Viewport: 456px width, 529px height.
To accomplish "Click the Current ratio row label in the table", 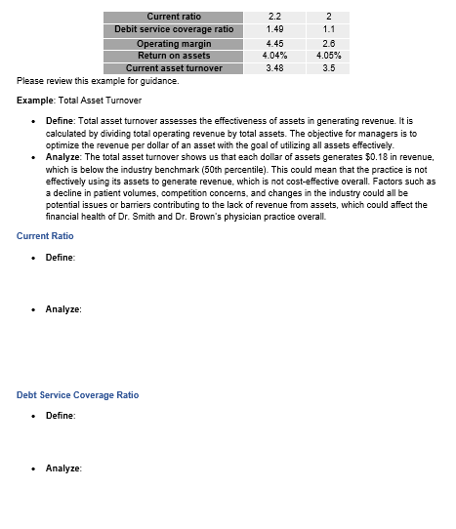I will pyautogui.click(x=174, y=17).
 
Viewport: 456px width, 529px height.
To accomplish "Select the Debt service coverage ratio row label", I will pyautogui.click(x=174, y=29).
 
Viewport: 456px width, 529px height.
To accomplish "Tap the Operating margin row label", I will pyautogui.click(x=174, y=44).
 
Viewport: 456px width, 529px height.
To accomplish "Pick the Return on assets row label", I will pyautogui.click(x=174, y=56).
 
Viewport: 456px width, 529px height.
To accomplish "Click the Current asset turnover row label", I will pyautogui.click(x=174, y=68).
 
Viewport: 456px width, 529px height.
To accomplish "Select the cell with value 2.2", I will pyautogui.click(x=274, y=17).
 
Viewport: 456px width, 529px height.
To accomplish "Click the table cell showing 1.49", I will pyautogui.click(x=274, y=29).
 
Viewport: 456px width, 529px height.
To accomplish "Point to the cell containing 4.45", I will pyautogui.click(x=274, y=44).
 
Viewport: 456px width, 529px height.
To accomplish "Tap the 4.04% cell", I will pyautogui.click(x=274, y=56).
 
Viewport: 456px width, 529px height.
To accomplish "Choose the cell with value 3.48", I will pyautogui.click(x=274, y=68).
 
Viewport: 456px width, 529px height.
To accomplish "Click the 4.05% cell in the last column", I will pyautogui.click(x=328, y=56).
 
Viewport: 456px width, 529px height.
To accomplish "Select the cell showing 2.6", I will pyautogui.click(x=328, y=44).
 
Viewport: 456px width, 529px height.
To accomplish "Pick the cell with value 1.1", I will pyautogui.click(x=328, y=29).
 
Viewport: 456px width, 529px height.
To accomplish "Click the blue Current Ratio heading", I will pyautogui.click(x=45, y=236).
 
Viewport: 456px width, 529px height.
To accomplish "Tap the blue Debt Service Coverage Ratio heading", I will pyautogui.click(x=77, y=395).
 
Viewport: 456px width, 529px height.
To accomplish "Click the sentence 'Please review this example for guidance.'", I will pyautogui.click(x=84, y=81).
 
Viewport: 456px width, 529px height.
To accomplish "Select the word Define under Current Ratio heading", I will pyautogui.click(x=60, y=258).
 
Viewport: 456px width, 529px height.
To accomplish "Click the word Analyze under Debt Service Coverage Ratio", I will pyautogui.click(x=62, y=468).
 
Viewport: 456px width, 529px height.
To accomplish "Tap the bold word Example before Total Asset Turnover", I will pyautogui.click(x=34, y=102).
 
